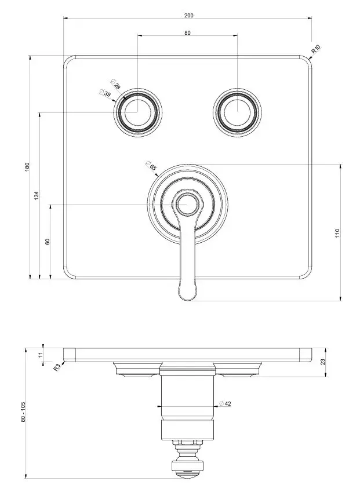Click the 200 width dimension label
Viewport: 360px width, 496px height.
pyautogui.click(x=188, y=15)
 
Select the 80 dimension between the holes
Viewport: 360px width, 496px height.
pyautogui.click(x=188, y=32)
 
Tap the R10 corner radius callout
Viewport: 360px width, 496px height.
pyautogui.click(x=316, y=49)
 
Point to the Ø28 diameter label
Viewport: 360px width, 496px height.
pyautogui.click(x=115, y=84)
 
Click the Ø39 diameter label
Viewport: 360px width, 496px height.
pyautogui.click(x=105, y=93)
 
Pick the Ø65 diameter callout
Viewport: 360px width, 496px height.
pyautogui.click(x=151, y=166)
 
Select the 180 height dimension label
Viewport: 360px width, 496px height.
pyautogui.click(x=27, y=167)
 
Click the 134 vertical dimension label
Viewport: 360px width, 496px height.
pyautogui.click(x=37, y=195)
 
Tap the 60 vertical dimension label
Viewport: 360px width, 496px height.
pyautogui.click(x=48, y=242)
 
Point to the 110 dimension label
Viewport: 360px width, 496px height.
pyautogui.click(x=337, y=233)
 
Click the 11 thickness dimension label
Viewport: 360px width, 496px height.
pyautogui.click(x=40, y=355)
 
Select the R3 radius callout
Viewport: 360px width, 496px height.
pyautogui.click(x=56, y=367)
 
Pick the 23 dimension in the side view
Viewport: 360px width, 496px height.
pyautogui.click(x=323, y=362)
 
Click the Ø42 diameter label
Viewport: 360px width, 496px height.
pyautogui.click(x=225, y=403)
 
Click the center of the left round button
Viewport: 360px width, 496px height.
pyautogui.click(x=137, y=112)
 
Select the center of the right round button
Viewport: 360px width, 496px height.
pyautogui.click(x=237, y=112)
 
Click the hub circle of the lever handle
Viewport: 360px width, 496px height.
pyautogui.click(x=187, y=205)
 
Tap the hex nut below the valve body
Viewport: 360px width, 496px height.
pyautogui.click(x=188, y=442)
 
